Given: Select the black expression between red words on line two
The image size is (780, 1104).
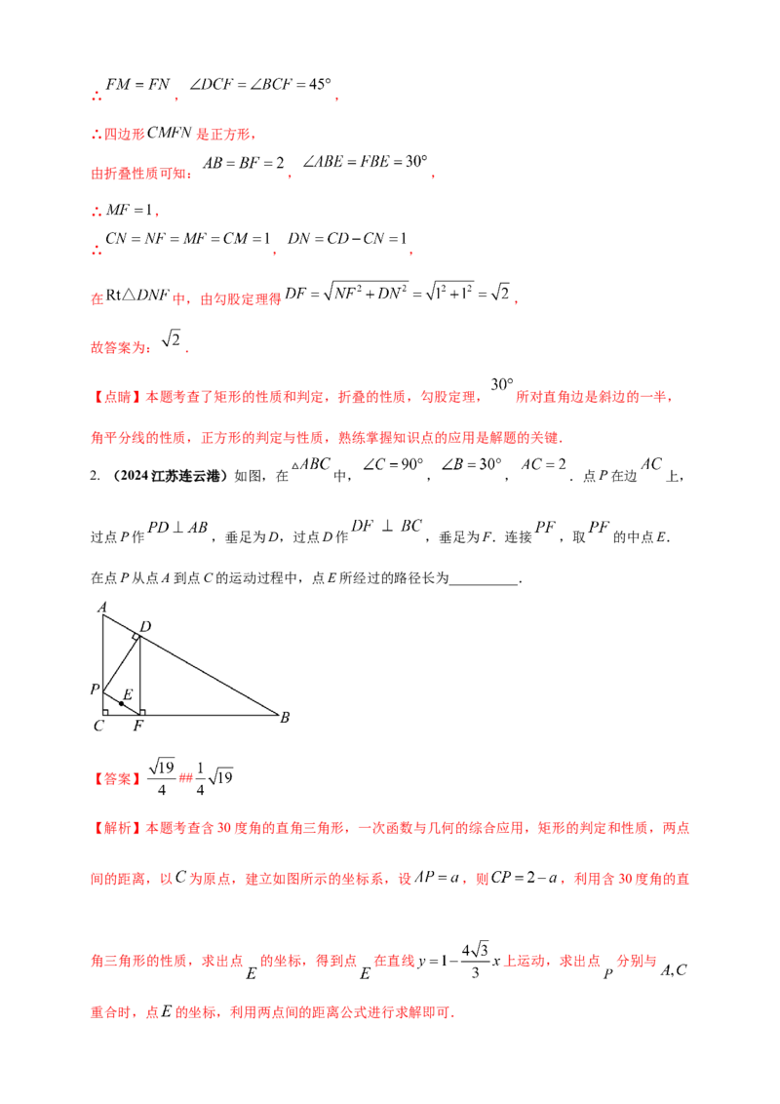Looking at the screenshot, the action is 175,134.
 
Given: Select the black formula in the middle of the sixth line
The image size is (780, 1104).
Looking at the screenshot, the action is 400,290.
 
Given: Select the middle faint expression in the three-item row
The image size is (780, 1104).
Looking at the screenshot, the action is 384,528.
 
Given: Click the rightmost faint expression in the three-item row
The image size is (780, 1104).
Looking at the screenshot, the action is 575,528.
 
